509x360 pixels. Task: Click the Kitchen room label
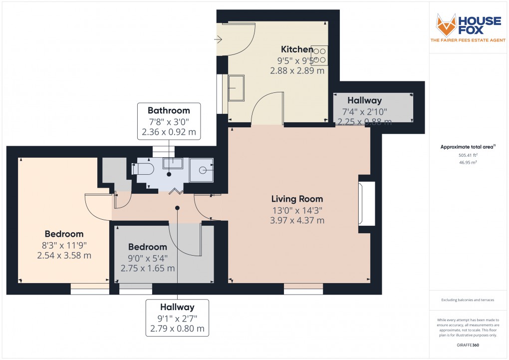[x=297, y=49]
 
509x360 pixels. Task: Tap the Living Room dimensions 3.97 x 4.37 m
[x=297, y=220]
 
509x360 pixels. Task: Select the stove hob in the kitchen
[x=320, y=55]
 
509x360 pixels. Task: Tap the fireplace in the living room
[x=367, y=203]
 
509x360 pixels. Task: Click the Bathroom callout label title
[x=169, y=110]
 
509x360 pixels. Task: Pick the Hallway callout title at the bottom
[x=177, y=307]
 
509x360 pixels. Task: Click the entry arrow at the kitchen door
[x=219, y=39]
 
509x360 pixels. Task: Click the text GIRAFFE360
[x=468, y=346]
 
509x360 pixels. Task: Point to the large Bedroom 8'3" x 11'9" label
[x=64, y=234]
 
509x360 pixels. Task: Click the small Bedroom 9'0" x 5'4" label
[x=147, y=247]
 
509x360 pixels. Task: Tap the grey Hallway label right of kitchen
[x=364, y=100]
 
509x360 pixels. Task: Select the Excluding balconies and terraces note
[x=468, y=300]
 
